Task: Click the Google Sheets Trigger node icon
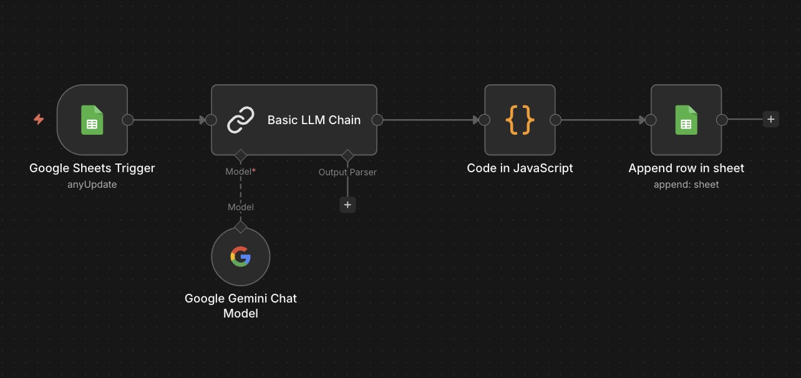pos(92,120)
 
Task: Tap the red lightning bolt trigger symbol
pos(39,119)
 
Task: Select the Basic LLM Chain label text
pos(314,120)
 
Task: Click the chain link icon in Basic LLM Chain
pos(240,120)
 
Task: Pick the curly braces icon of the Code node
pos(520,120)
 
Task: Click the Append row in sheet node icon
pos(686,120)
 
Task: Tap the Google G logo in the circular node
pos(240,256)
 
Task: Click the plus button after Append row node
pos(771,119)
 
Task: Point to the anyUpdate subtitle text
pos(92,185)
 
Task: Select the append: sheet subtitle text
pos(686,185)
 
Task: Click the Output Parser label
pos(347,172)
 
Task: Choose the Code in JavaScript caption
pos(520,168)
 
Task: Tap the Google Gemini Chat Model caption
pos(240,306)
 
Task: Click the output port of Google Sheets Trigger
pos(128,120)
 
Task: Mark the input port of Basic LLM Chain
pos(211,120)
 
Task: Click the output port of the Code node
pos(555,120)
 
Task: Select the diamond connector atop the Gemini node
pos(240,226)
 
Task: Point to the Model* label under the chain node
pos(240,172)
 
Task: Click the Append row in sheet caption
pos(686,168)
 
